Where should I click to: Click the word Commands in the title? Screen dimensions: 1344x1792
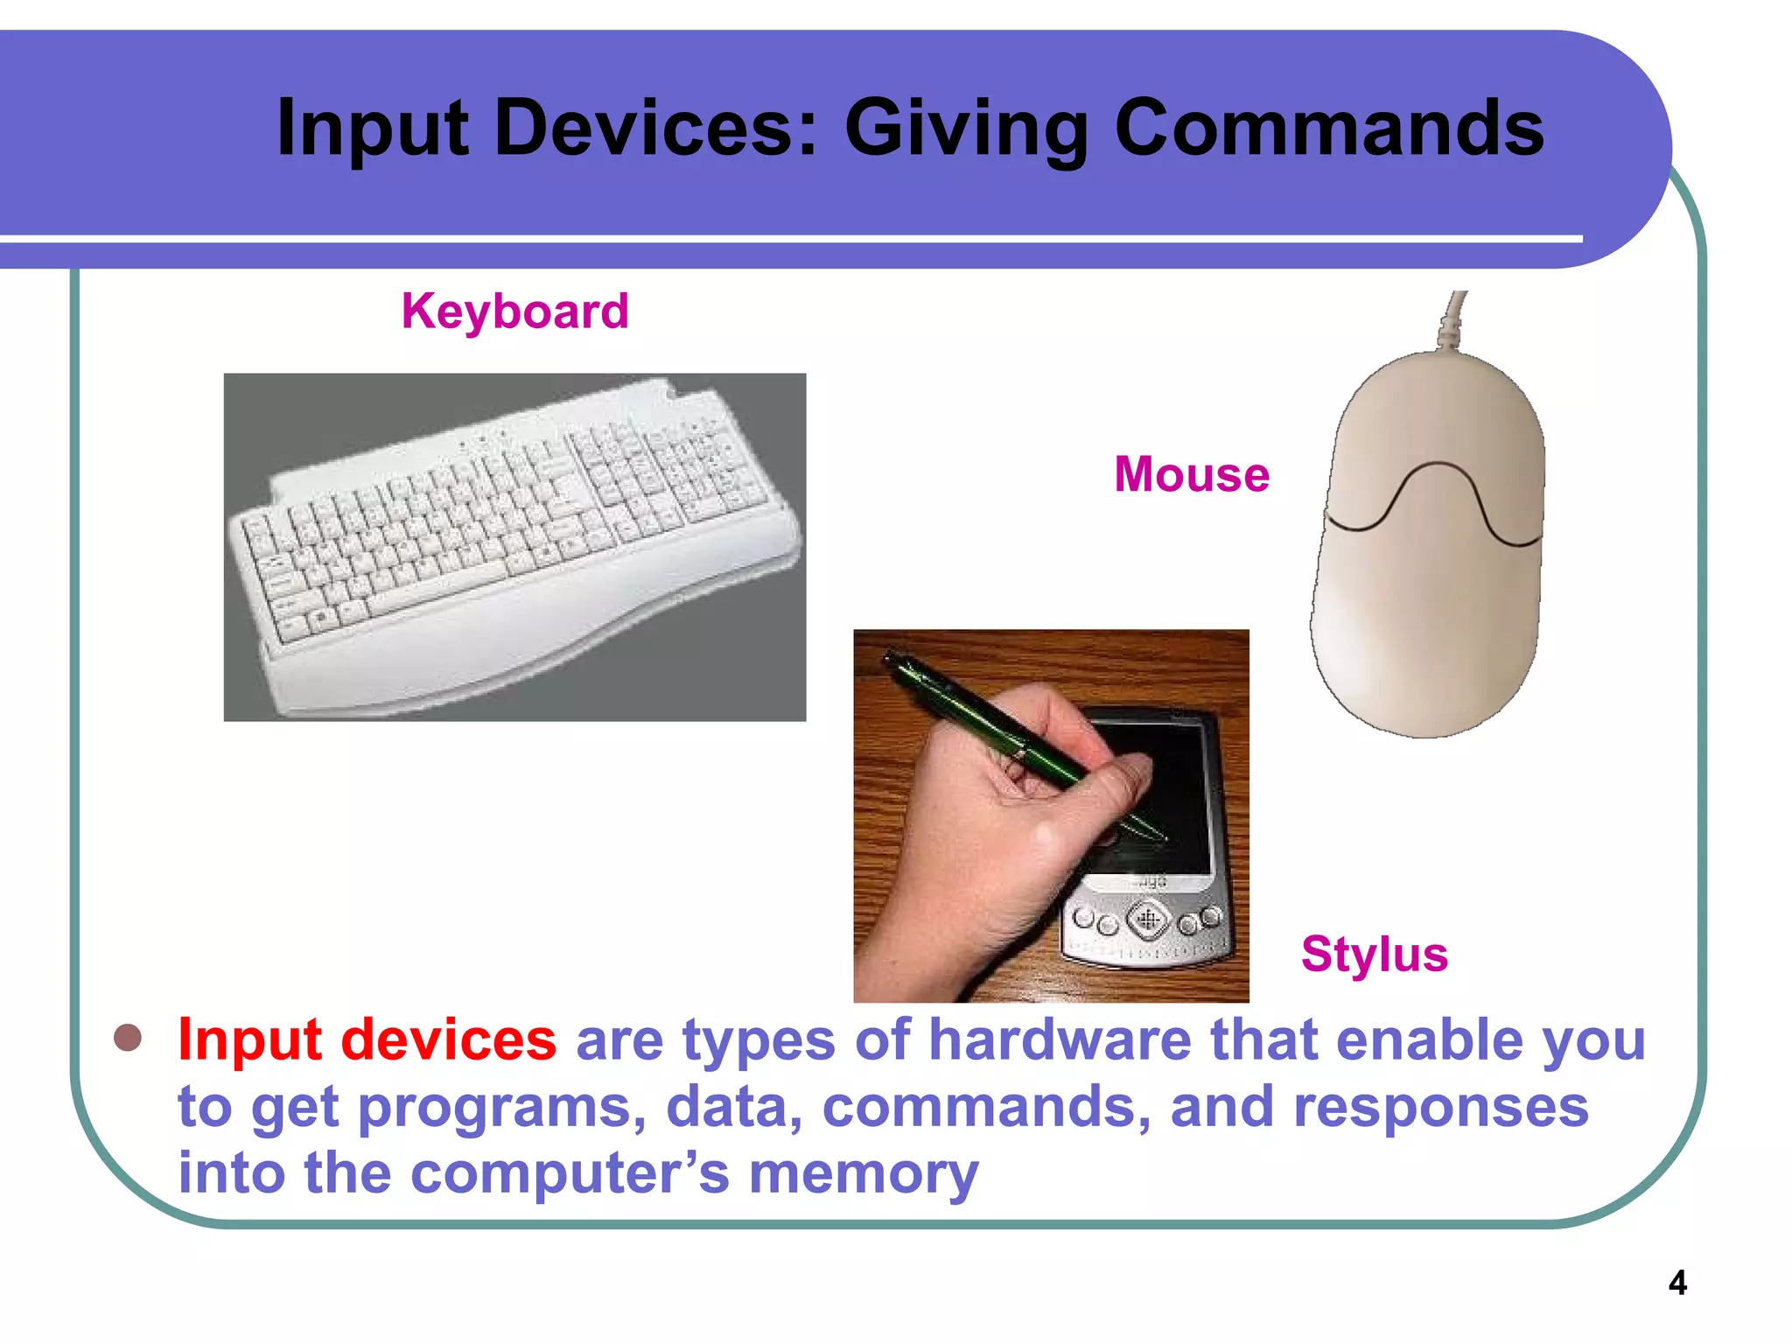1329,129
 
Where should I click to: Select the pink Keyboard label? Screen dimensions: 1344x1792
514,311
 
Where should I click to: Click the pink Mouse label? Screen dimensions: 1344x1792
1191,475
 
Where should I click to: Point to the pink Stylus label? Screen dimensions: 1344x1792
1374,954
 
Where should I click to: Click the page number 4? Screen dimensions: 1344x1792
1676,1283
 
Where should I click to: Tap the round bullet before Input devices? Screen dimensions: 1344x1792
128,1038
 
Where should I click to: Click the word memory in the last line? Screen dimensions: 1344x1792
864,1173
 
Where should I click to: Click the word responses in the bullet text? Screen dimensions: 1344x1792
1440,1107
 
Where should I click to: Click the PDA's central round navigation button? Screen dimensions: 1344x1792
1147,919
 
